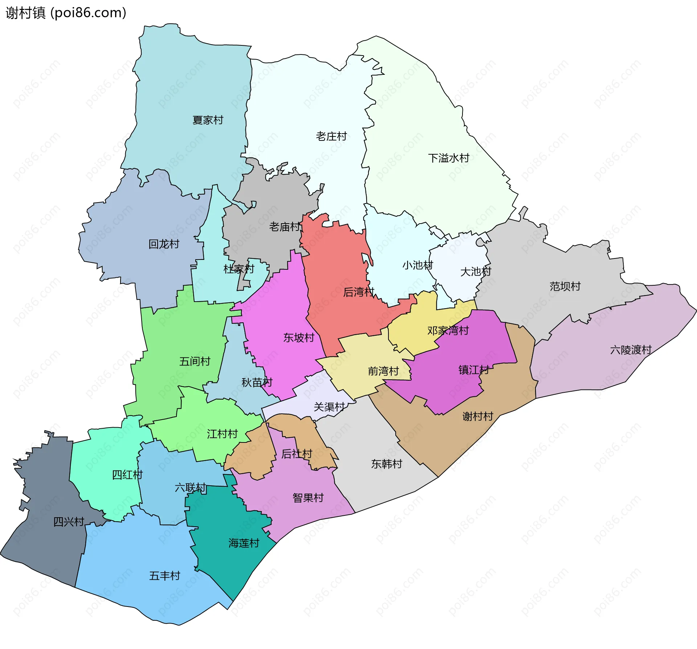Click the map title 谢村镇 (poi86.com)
(66, 13)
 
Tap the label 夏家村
(208, 120)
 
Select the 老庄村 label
(331, 136)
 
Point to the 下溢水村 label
(449, 158)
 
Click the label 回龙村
(164, 244)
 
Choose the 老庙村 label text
(285, 227)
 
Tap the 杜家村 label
(239, 269)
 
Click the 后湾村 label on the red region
(359, 292)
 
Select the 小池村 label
(417, 265)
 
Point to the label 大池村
(476, 272)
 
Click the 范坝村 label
(565, 286)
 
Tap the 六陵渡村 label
(631, 350)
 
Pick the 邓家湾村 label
(448, 330)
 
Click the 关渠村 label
(329, 407)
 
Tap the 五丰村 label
(164, 576)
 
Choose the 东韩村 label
(387, 464)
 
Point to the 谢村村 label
(478, 416)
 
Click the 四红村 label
(127, 474)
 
